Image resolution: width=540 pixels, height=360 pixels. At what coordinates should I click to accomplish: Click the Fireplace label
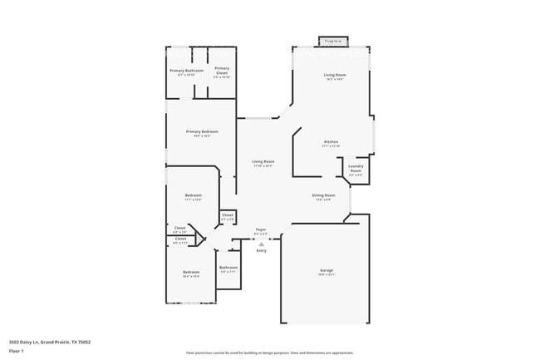pyautogui.click(x=334, y=41)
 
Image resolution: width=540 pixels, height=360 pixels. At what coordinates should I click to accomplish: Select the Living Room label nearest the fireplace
pyautogui.click(x=335, y=76)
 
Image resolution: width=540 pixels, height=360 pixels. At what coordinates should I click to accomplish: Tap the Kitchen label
pyautogui.click(x=331, y=142)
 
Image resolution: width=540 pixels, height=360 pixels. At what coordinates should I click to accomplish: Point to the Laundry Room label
pyautogui.click(x=355, y=171)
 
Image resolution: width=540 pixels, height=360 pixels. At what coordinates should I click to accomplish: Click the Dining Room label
pyautogui.click(x=322, y=195)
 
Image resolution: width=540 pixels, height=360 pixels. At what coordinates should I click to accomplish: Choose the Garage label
pyautogui.click(x=326, y=270)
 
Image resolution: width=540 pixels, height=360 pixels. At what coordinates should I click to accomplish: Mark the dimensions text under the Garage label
pyautogui.click(x=326, y=275)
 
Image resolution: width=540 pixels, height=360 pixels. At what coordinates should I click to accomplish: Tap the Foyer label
pyautogui.click(x=261, y=229)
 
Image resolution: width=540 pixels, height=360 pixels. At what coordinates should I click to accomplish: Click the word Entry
pyautogui.click(x=261, y=250)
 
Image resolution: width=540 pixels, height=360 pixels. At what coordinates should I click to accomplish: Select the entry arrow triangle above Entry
pyautogui.click(x=261, y=244)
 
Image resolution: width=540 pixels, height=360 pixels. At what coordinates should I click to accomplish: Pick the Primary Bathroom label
pyautogui.click(x=187, y=71)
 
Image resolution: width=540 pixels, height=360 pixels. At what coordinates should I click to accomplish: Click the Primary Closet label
pyautogui.click(x=222, y=71)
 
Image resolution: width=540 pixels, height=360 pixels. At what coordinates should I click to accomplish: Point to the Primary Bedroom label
pyautogui.click(x=203, y=131)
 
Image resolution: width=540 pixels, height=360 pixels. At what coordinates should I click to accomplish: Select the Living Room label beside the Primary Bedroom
pyautogui.click(x=263, y=161)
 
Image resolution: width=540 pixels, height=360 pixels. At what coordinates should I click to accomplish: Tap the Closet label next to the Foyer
pyautogui.click(x=228, y=215)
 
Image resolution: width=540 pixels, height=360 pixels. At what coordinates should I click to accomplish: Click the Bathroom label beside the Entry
pyautogui.click(x=228, y=268)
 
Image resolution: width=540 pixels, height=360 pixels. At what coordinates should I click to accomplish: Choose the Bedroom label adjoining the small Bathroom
pyautogui.click(x=191, y=272)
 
